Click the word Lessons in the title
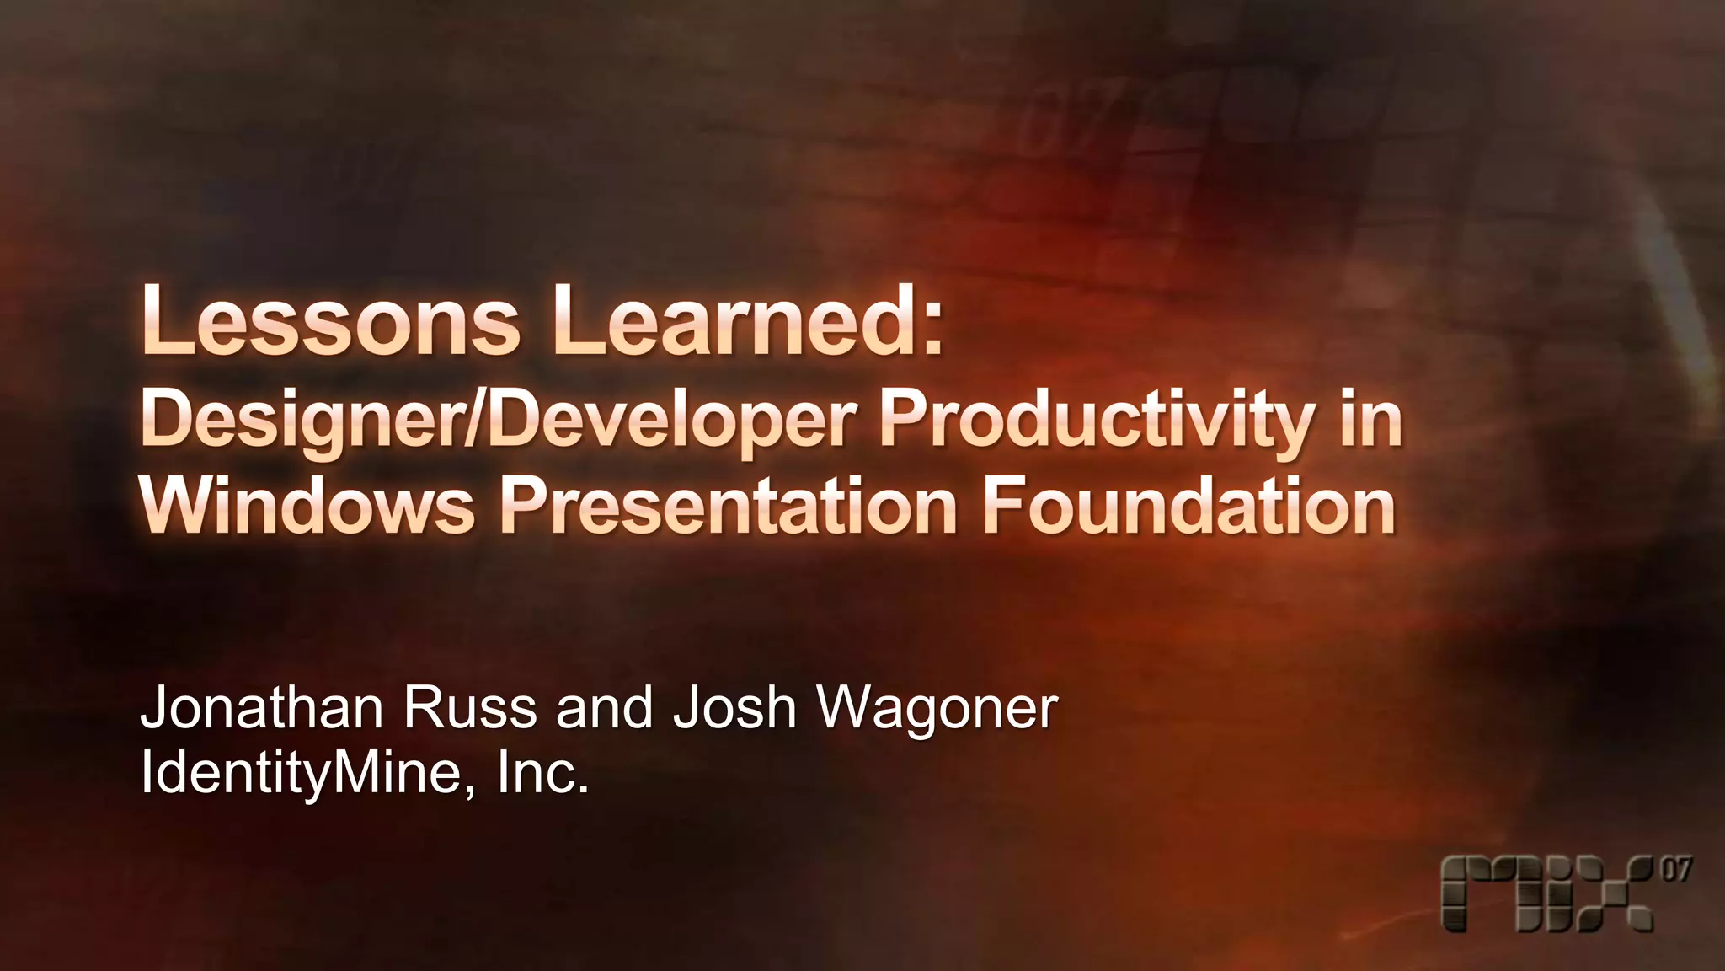click(x=330, y=321)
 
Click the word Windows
click(x=307, y=506)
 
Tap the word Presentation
click(x=729, y=506)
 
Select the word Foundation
click(x=1188, y=506)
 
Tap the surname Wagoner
click(x=937, y=710)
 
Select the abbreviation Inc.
click(x=542, y=774)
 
